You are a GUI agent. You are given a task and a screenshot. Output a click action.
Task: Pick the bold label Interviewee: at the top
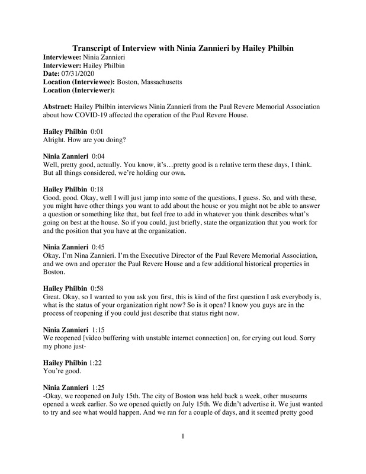67,56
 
